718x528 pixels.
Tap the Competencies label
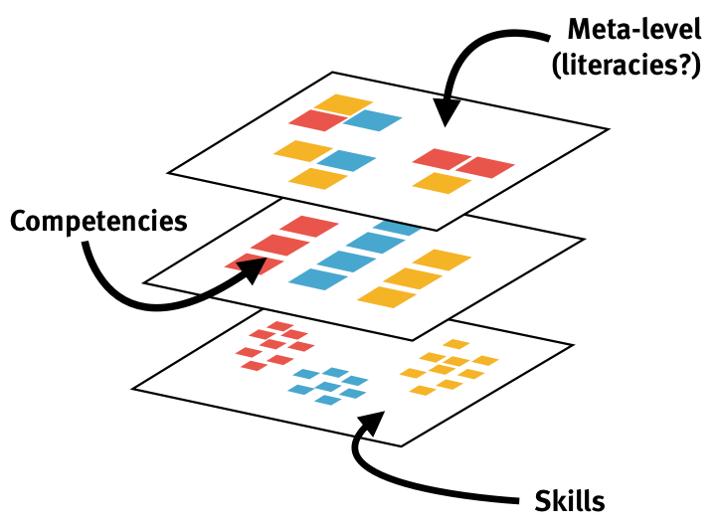98,220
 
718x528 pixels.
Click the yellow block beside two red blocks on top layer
442,183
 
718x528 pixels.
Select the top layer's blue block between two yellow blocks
346,160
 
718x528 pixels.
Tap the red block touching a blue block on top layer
318,120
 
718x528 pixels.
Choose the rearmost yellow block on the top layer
344,103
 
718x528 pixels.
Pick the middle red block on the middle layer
277,245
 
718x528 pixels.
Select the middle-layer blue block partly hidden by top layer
399,228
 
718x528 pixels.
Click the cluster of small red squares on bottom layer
271,345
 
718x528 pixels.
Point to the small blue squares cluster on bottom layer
327,387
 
